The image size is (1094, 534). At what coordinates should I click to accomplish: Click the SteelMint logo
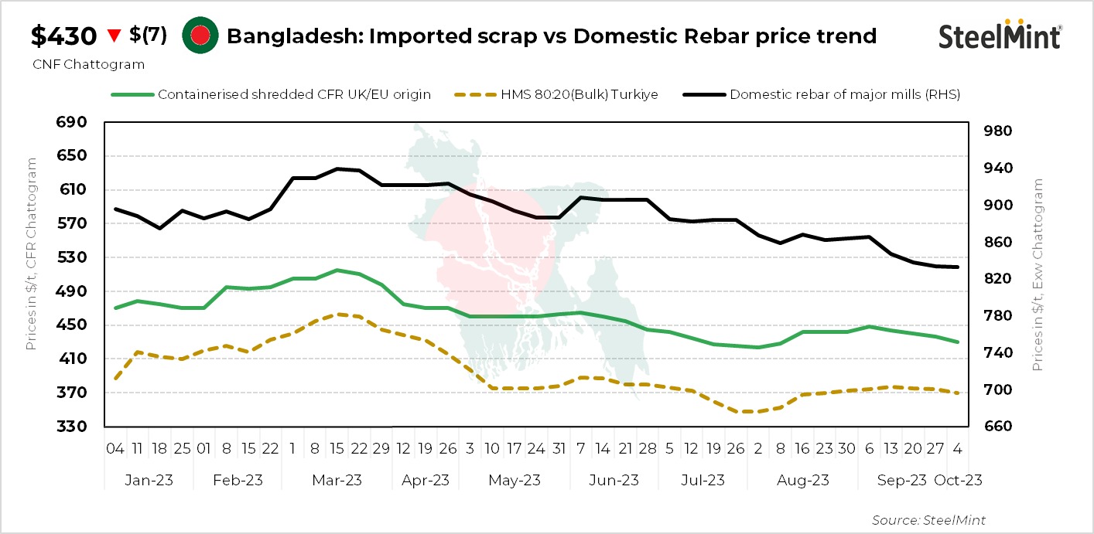(x=1000, y=36)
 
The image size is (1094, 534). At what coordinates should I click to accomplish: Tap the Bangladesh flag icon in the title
(x=197, y=36)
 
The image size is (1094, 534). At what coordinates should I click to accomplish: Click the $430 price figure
(x=63, y=36)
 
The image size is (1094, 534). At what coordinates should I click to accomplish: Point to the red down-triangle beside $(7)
(x=115, y=36)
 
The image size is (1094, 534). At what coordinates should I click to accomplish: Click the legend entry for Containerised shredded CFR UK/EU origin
(x=294, y=94)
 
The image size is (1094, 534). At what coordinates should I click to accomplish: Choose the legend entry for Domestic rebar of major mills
(x=844, y=94)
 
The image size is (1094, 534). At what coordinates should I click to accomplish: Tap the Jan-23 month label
(x=149, y=480)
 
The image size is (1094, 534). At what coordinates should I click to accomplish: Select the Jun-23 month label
(x=614, y=480)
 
